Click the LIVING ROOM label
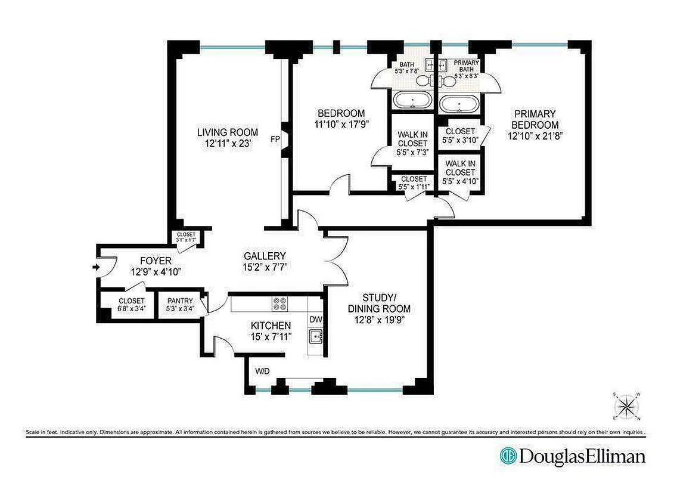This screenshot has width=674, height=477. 227,132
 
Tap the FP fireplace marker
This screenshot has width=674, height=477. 275,140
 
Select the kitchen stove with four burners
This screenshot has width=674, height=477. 279,304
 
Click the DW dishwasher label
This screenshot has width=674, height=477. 316,320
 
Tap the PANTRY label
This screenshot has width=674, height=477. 179,301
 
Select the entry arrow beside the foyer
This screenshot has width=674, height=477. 95,268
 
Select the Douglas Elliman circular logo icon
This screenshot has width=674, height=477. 508,456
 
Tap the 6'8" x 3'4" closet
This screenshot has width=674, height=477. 131,305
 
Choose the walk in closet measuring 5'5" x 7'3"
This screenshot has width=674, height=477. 412,143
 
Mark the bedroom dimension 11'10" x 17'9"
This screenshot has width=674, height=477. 341,125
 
